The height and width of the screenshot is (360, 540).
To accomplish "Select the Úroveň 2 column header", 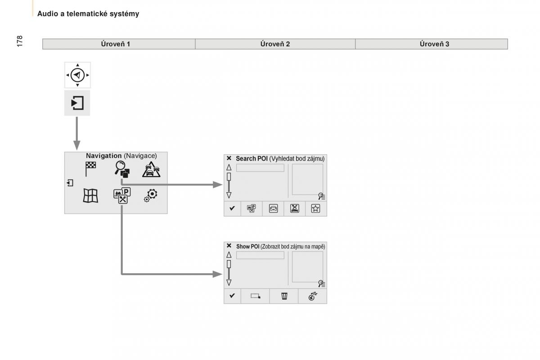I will coord(275,44).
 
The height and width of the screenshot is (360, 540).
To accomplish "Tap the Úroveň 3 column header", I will coord(434,44).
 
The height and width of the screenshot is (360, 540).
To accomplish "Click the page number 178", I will coord(19,40).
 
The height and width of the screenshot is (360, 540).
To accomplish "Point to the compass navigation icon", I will coord(77,75).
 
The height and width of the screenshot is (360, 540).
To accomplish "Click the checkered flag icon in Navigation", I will coord(90,169).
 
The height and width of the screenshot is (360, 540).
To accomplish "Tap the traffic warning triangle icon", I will coord(151,169).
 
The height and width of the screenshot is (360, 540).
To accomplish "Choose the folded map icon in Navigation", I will coord(90,196).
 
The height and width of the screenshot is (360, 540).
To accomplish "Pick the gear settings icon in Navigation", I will coord(151,195).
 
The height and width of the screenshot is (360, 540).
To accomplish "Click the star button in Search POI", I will coord(316,208).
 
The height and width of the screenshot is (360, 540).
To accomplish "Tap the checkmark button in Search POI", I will coord(232,208).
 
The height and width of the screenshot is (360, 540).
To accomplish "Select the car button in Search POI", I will coord(273,208).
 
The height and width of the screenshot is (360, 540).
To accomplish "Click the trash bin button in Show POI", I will coord(284,296).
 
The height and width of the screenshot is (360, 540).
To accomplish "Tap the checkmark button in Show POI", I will coord(232,296).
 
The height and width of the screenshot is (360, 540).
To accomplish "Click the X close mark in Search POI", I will coord(229,158).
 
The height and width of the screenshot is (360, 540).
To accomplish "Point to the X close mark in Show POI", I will coord(229,246).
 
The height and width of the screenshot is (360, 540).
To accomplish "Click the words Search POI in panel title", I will coord(252,159).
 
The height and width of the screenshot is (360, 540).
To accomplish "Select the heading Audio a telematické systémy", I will coord(88,14).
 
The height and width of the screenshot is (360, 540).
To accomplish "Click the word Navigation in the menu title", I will coord(104,156).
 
